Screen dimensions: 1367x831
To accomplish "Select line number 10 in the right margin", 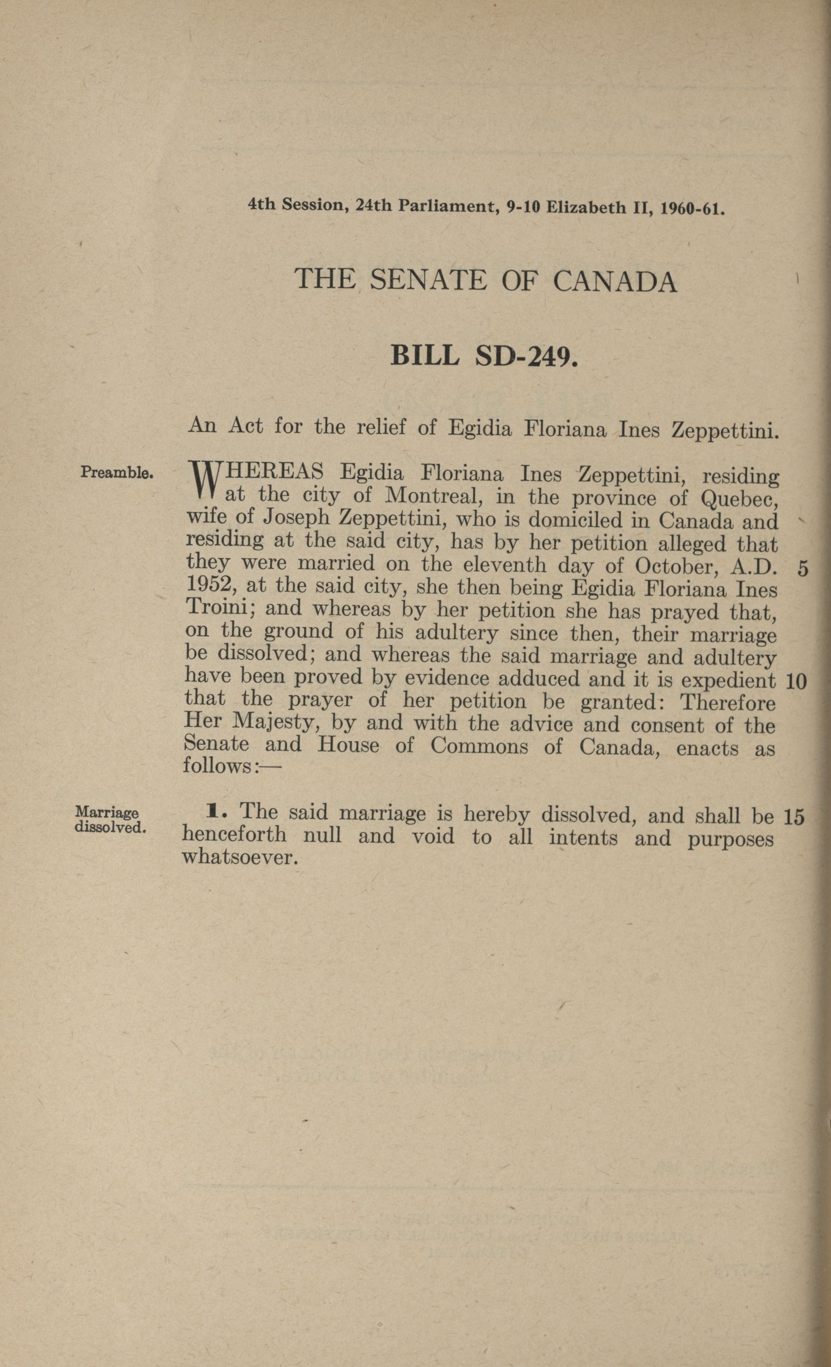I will [796, 682].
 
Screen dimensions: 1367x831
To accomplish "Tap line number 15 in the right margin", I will [794, 817].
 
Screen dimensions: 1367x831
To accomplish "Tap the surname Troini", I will [220, 608].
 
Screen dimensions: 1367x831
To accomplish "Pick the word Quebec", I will [738, 499].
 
